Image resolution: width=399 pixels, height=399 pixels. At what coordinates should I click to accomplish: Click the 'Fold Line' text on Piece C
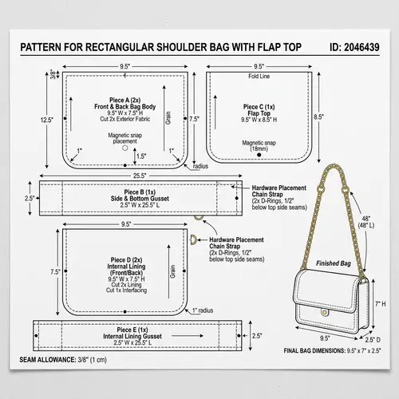tap(259, 77)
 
